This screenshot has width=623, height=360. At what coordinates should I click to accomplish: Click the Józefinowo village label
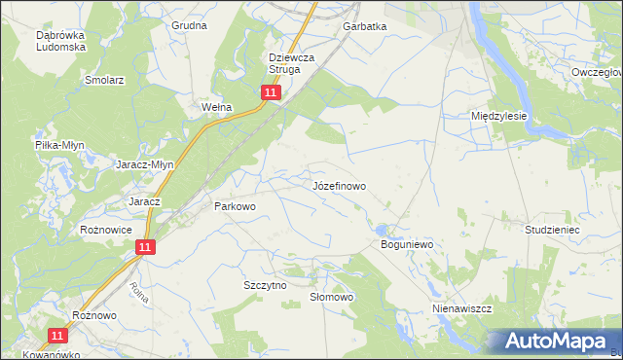point(340,184)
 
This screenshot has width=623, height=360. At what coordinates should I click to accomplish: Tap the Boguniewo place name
point(405,245)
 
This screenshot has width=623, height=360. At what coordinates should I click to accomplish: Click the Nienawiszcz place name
point(462,307)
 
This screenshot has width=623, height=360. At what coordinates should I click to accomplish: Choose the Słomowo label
point(330,297)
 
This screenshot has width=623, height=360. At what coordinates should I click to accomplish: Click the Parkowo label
point(234,206)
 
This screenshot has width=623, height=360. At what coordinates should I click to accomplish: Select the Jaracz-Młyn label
point(145,164)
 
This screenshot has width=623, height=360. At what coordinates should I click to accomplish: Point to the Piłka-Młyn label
point(59,145)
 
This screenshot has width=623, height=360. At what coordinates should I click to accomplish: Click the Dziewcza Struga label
point(294,63)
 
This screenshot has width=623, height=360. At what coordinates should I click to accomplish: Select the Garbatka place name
point(364,27)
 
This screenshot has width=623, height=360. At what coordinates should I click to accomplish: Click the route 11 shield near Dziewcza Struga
point(271,92)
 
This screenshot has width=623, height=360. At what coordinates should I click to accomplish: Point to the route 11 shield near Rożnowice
point(144,248)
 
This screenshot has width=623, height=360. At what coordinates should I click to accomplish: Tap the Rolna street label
point(138,292)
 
